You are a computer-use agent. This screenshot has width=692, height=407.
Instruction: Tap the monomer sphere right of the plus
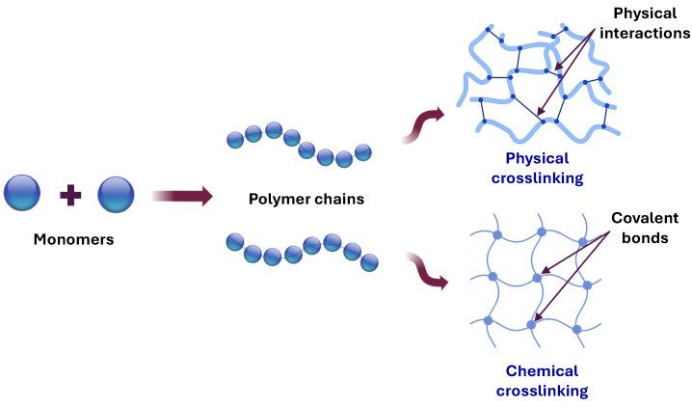(116, 194)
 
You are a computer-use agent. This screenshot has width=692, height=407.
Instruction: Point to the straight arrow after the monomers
(182, 197)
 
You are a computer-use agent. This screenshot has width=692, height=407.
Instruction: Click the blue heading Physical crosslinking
(537, 168)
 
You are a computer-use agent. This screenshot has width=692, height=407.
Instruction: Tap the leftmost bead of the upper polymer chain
(234, 140)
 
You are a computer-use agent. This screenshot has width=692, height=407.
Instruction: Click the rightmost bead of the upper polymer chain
(362, 151)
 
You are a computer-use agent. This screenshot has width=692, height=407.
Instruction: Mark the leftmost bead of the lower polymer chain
(235, 240)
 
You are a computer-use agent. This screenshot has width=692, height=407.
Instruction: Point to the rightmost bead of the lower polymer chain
(369, 261)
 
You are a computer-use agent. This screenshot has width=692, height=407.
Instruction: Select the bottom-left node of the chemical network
(489, 321)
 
